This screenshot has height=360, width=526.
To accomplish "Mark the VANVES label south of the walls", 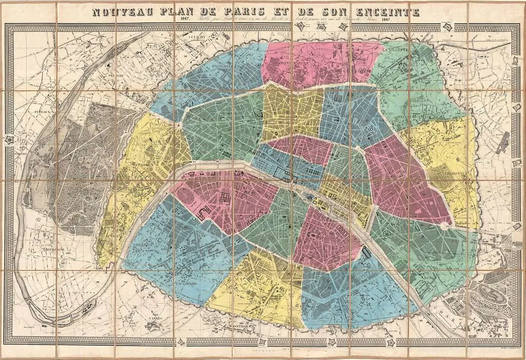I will (154, 318).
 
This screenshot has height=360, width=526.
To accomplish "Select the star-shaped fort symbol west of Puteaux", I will (9, 139).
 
